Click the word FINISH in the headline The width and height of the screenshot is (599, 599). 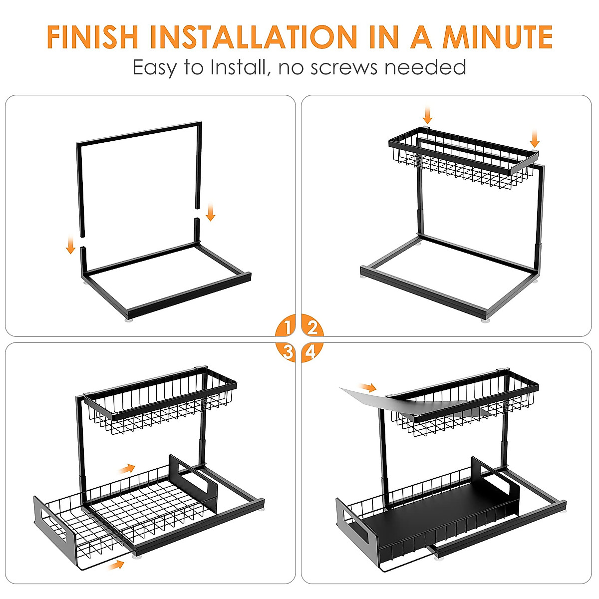click(92, 36)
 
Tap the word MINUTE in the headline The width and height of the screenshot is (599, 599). click(497, 36)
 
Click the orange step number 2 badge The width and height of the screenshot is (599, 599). click(312, 328)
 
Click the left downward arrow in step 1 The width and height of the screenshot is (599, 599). click(70, 245)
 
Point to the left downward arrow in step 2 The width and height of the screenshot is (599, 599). click(427, 114)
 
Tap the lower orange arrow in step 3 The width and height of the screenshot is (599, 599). click(116, 565)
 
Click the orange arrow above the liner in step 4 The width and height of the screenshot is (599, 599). click(369, 387)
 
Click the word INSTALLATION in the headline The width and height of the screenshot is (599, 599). click(254, 36)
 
